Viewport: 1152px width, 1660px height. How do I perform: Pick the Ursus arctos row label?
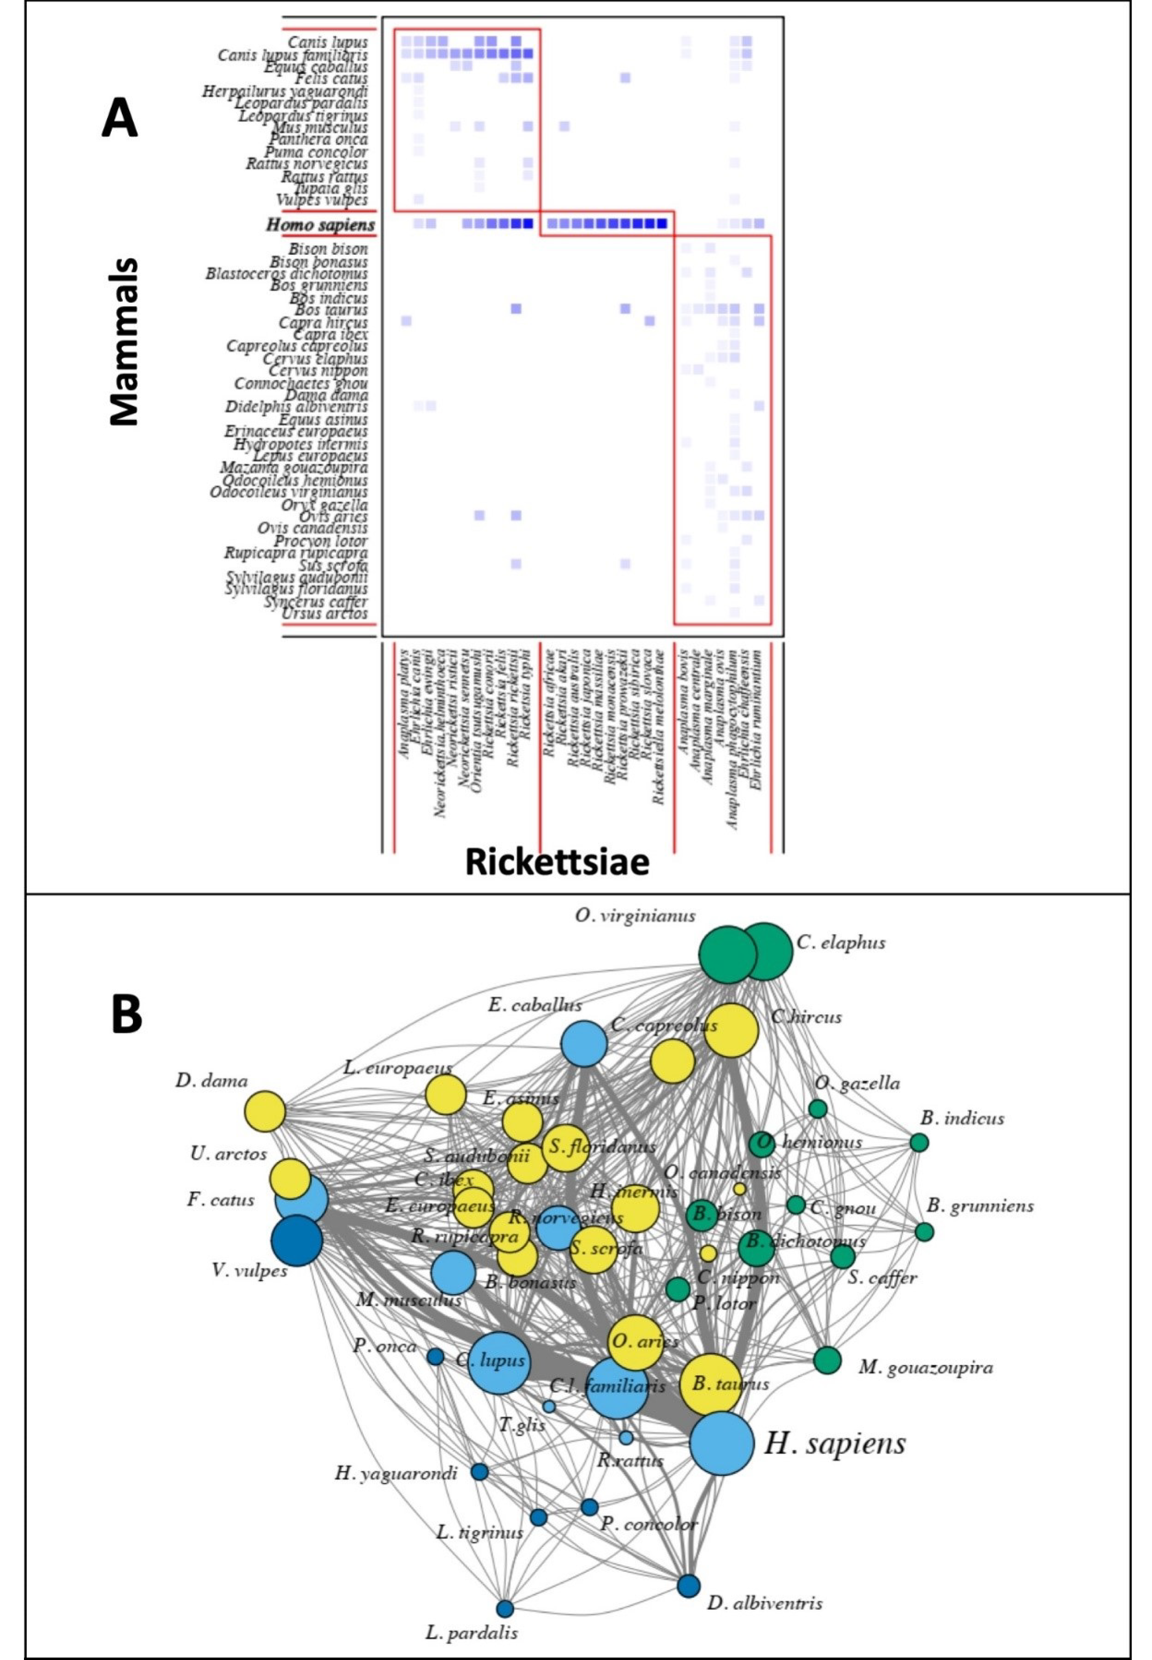click(x=325, y=614)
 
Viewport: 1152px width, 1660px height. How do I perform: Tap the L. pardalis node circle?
click(x=505, y=1608)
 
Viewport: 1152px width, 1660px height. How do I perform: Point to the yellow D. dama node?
click(x=265, y=1111)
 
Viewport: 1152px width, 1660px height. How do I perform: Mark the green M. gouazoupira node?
click(x=827, y=1360)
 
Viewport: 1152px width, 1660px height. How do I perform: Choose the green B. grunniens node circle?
click(x=924, y=1231)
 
